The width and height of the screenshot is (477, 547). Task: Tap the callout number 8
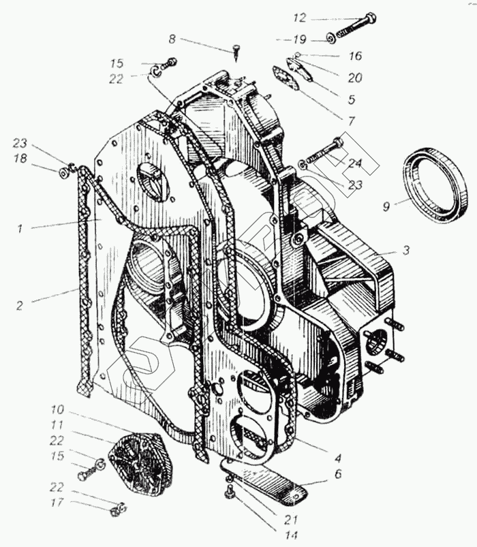click(172, 40)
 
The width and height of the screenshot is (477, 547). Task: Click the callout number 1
click(20, 229)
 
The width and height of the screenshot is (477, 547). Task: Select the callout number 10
click(57, 410)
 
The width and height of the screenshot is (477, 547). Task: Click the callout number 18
click(21, 158)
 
